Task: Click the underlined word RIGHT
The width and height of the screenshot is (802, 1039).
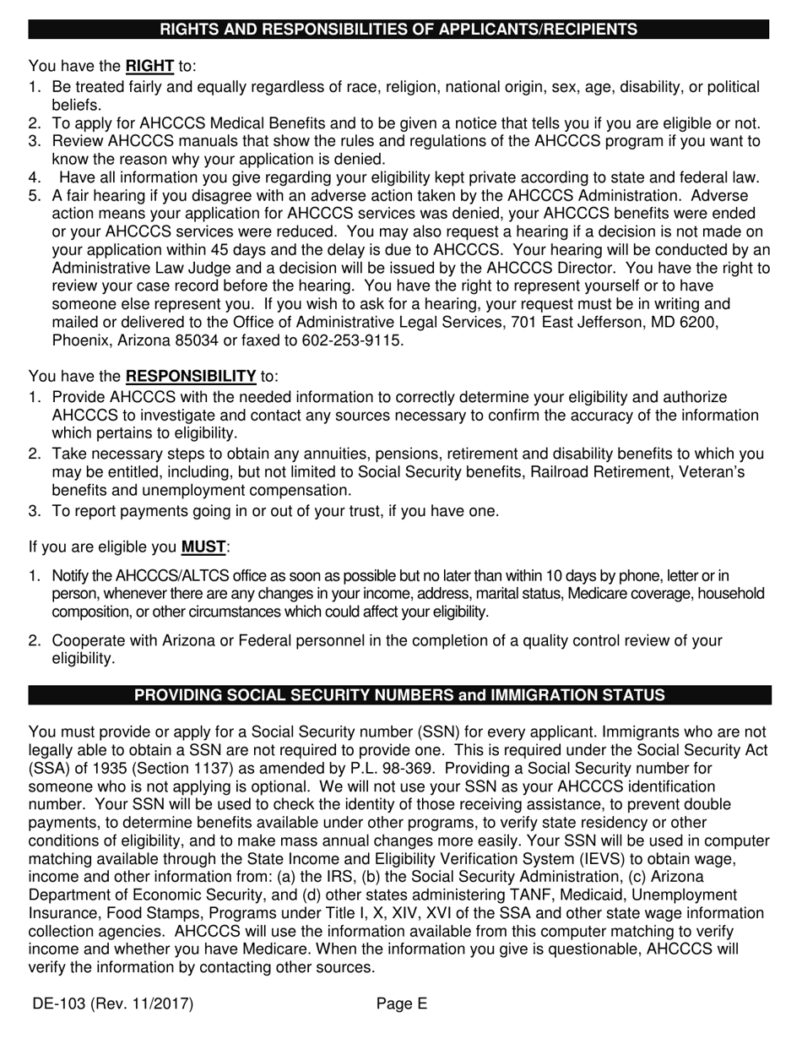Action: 149,66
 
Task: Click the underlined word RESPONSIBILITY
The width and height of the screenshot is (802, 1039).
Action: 191,376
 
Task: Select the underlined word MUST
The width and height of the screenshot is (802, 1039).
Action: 203,547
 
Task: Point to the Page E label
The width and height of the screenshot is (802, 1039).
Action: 402,1004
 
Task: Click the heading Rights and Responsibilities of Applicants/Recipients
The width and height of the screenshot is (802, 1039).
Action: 398,30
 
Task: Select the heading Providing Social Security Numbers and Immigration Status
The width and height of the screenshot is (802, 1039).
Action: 398,695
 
